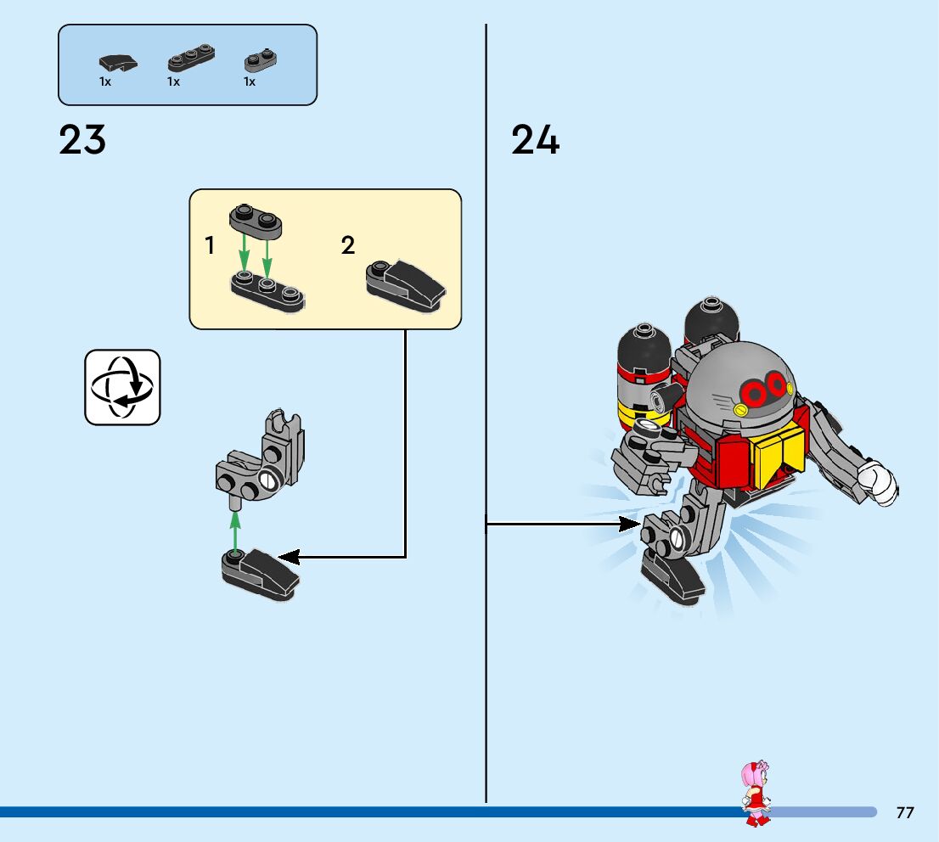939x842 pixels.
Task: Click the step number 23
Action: [82, 140]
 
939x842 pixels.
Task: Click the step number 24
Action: [535, 140]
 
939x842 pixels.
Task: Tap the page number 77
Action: [905, 812]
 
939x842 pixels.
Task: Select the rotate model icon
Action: [122, 387]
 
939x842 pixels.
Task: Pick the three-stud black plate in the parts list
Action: [190, 59]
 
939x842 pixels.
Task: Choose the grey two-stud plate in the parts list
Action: [261, 60]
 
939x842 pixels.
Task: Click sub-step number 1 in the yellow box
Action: [210, 246]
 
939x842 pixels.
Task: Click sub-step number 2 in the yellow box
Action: [348, 246]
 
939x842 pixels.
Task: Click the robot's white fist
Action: [878, 482]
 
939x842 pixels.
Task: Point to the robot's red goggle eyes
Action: [765, 390]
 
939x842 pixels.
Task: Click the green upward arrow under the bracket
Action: [236, 527]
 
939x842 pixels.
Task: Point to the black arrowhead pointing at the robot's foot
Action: [630, 524]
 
